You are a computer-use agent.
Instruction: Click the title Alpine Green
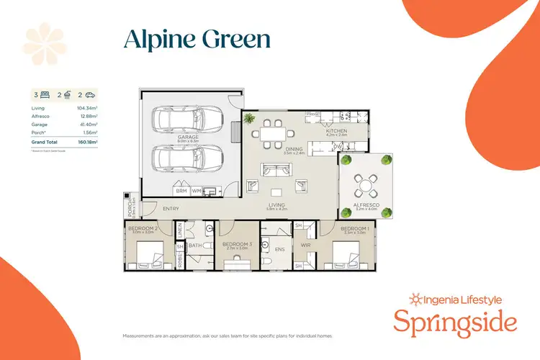(197, 40)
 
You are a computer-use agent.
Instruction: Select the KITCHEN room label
(336, 131)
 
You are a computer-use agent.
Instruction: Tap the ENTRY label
(171, 209)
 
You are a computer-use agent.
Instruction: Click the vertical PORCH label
(131, 208)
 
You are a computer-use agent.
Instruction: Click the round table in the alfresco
(366, 186)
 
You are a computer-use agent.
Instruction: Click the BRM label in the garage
(181, 191)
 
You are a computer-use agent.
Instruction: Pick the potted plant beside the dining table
(251, 118)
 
